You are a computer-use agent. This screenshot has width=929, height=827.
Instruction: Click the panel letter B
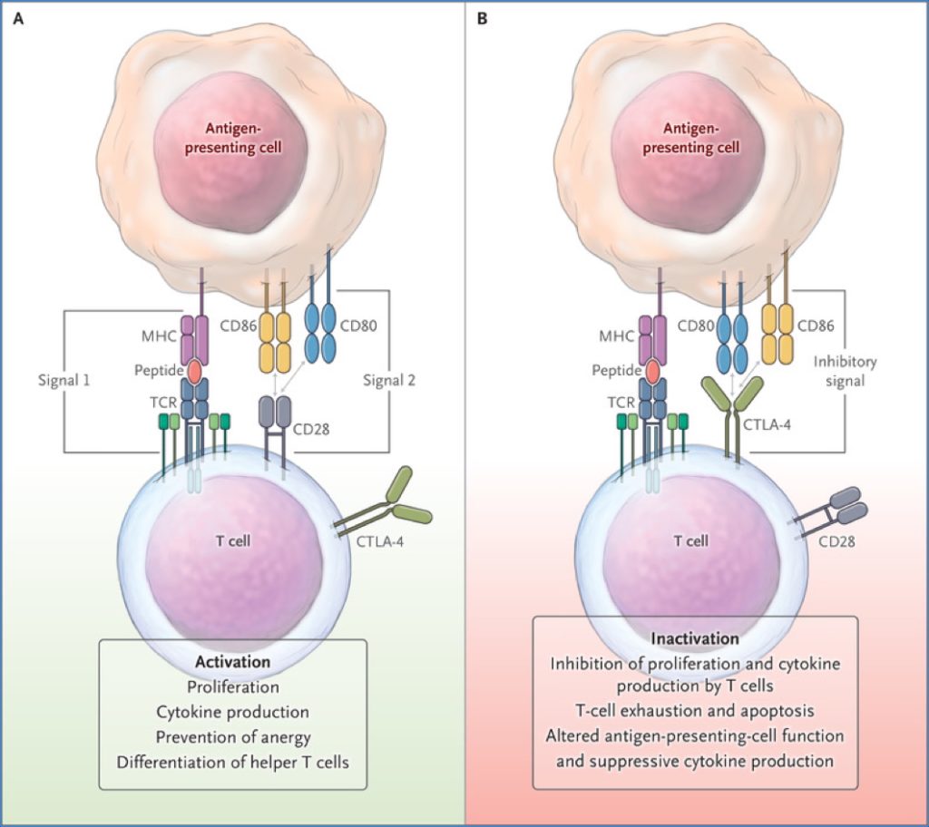[482, 16]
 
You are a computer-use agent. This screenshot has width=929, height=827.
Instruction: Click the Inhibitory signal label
[845, 370]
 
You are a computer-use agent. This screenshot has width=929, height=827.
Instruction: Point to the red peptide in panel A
[195, 371]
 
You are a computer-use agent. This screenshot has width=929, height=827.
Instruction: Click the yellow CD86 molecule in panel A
[277, 339]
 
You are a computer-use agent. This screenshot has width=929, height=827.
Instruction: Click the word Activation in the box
[232, 661]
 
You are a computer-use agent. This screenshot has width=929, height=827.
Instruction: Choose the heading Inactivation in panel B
[695, 638]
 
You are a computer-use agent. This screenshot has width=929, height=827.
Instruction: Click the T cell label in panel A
[232, 541]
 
